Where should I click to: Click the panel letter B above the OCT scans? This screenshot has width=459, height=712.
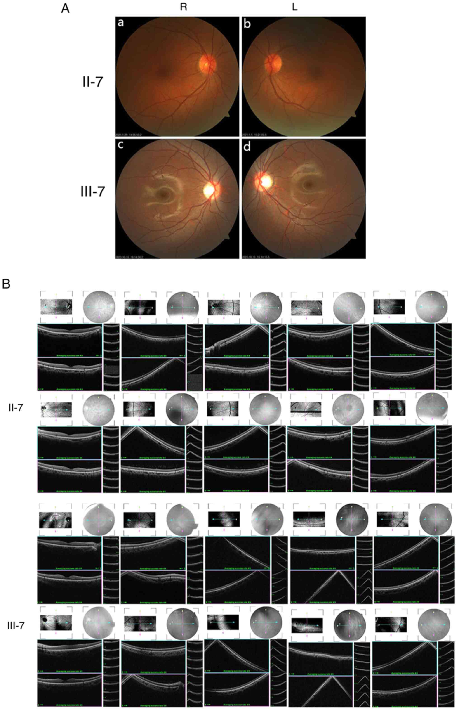(x=6, y=284)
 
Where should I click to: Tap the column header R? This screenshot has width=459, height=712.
(x=184, y=7)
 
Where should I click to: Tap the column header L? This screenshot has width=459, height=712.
(x=294, y=7)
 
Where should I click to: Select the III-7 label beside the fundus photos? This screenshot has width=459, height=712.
(x=93, y=192)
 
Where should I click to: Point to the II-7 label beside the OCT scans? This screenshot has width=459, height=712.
(x=16, y=408)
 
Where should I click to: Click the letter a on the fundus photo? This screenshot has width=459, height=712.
(x=121, y=23)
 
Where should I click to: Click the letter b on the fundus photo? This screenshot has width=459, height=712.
(x=247, y=24)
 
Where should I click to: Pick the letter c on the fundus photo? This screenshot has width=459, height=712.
(x=121, y=146)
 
